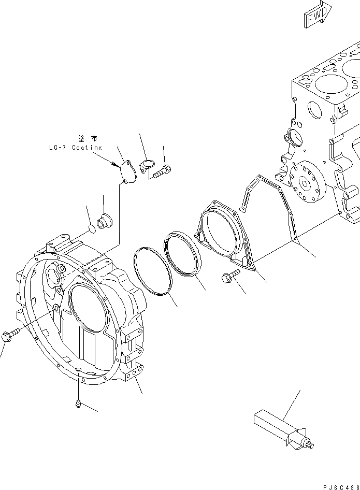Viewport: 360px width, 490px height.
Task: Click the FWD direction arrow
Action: click(x=315, y=16)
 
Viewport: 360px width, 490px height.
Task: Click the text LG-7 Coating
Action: click(x=73, y=148)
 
